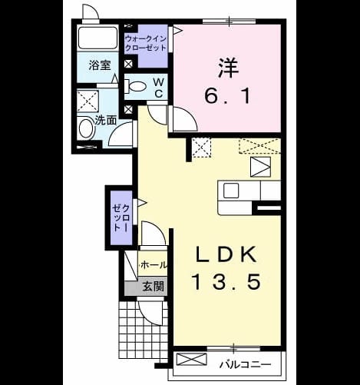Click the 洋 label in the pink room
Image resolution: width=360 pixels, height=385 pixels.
point(228,68)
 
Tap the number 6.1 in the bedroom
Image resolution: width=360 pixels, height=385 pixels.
point(227,95)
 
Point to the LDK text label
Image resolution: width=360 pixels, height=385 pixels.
point(226,254)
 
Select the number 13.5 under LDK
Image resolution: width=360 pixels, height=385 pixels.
point(226,281)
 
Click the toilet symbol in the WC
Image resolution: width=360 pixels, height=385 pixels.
point(135,86)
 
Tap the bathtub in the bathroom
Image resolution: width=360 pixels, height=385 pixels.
point(97,38)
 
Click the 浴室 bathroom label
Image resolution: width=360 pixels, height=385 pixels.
point(100,65)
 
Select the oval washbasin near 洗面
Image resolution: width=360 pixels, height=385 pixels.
point(85,129)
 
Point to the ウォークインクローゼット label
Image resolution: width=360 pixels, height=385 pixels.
point(146,44)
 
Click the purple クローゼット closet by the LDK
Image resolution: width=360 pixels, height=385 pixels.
point(121,217)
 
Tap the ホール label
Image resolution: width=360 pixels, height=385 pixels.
point(154,264)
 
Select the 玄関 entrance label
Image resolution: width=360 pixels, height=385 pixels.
point(153,286)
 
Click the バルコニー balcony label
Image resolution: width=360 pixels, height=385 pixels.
point(245,364)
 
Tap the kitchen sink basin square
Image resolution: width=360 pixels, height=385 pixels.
point(231,191)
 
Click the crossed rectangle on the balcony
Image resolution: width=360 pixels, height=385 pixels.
point(192,359)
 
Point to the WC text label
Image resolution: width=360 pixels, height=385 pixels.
point(159,88)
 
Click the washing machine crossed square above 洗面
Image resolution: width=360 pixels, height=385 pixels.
point(88,101)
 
